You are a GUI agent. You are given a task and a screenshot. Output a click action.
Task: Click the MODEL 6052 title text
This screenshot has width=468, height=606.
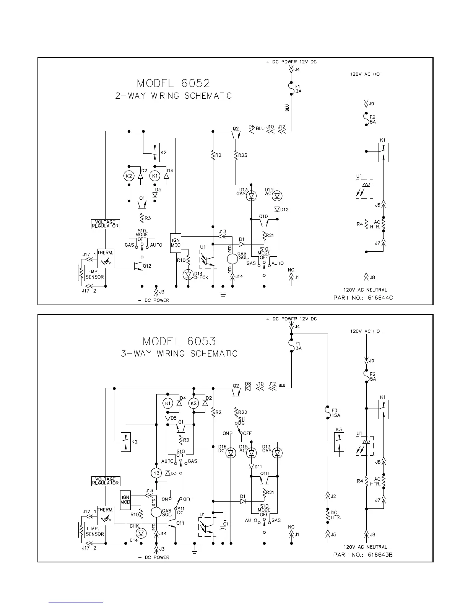pos(174,83)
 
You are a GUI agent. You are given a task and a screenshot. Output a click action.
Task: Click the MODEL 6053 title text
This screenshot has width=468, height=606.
pos(179,341)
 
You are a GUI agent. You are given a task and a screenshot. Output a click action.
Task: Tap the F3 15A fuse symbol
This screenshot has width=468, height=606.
pos(328,413)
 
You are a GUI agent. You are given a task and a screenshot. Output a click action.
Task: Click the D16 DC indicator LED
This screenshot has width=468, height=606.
pos(231,453)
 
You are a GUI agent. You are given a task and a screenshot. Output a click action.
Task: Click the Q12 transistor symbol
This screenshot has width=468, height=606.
pos(138,267)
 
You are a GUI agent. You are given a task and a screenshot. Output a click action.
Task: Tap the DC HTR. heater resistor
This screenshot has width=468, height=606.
pos(328,515)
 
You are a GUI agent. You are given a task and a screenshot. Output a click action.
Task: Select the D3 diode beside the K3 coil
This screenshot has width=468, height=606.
pos(167,473)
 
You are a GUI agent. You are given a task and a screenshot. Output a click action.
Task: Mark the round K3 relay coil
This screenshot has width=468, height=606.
pos(156,473)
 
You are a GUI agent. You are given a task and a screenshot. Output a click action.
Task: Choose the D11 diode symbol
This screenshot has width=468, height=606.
pos(251,466)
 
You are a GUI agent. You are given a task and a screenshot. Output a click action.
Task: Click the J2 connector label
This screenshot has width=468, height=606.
pos(333,496)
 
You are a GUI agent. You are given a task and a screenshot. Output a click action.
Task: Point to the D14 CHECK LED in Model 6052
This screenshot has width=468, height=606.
pos(188,274)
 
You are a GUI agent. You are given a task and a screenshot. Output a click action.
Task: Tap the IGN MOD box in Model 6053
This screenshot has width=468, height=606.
pos(125,500)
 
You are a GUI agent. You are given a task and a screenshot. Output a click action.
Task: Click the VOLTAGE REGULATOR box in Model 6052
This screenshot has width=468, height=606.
pos(105,224)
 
